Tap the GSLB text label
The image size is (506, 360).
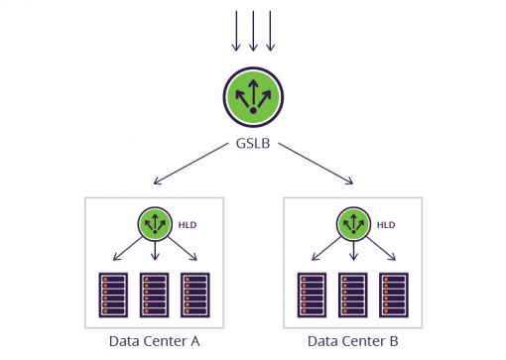coord(253,144)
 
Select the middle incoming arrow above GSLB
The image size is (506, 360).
coord(253,30)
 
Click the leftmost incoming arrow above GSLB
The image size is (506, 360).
coord(235,30)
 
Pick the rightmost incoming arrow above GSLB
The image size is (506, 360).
coord(271,30)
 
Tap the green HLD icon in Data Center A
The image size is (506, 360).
coord(154,224)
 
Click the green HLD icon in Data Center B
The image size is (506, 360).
coord(352,224)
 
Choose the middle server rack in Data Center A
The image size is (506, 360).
coord(154,293)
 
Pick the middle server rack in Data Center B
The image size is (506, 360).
coord(352,293)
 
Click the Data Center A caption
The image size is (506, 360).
coord(154,341)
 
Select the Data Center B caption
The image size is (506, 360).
coord(352,341)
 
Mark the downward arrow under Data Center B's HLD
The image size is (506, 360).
coord(352,252)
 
